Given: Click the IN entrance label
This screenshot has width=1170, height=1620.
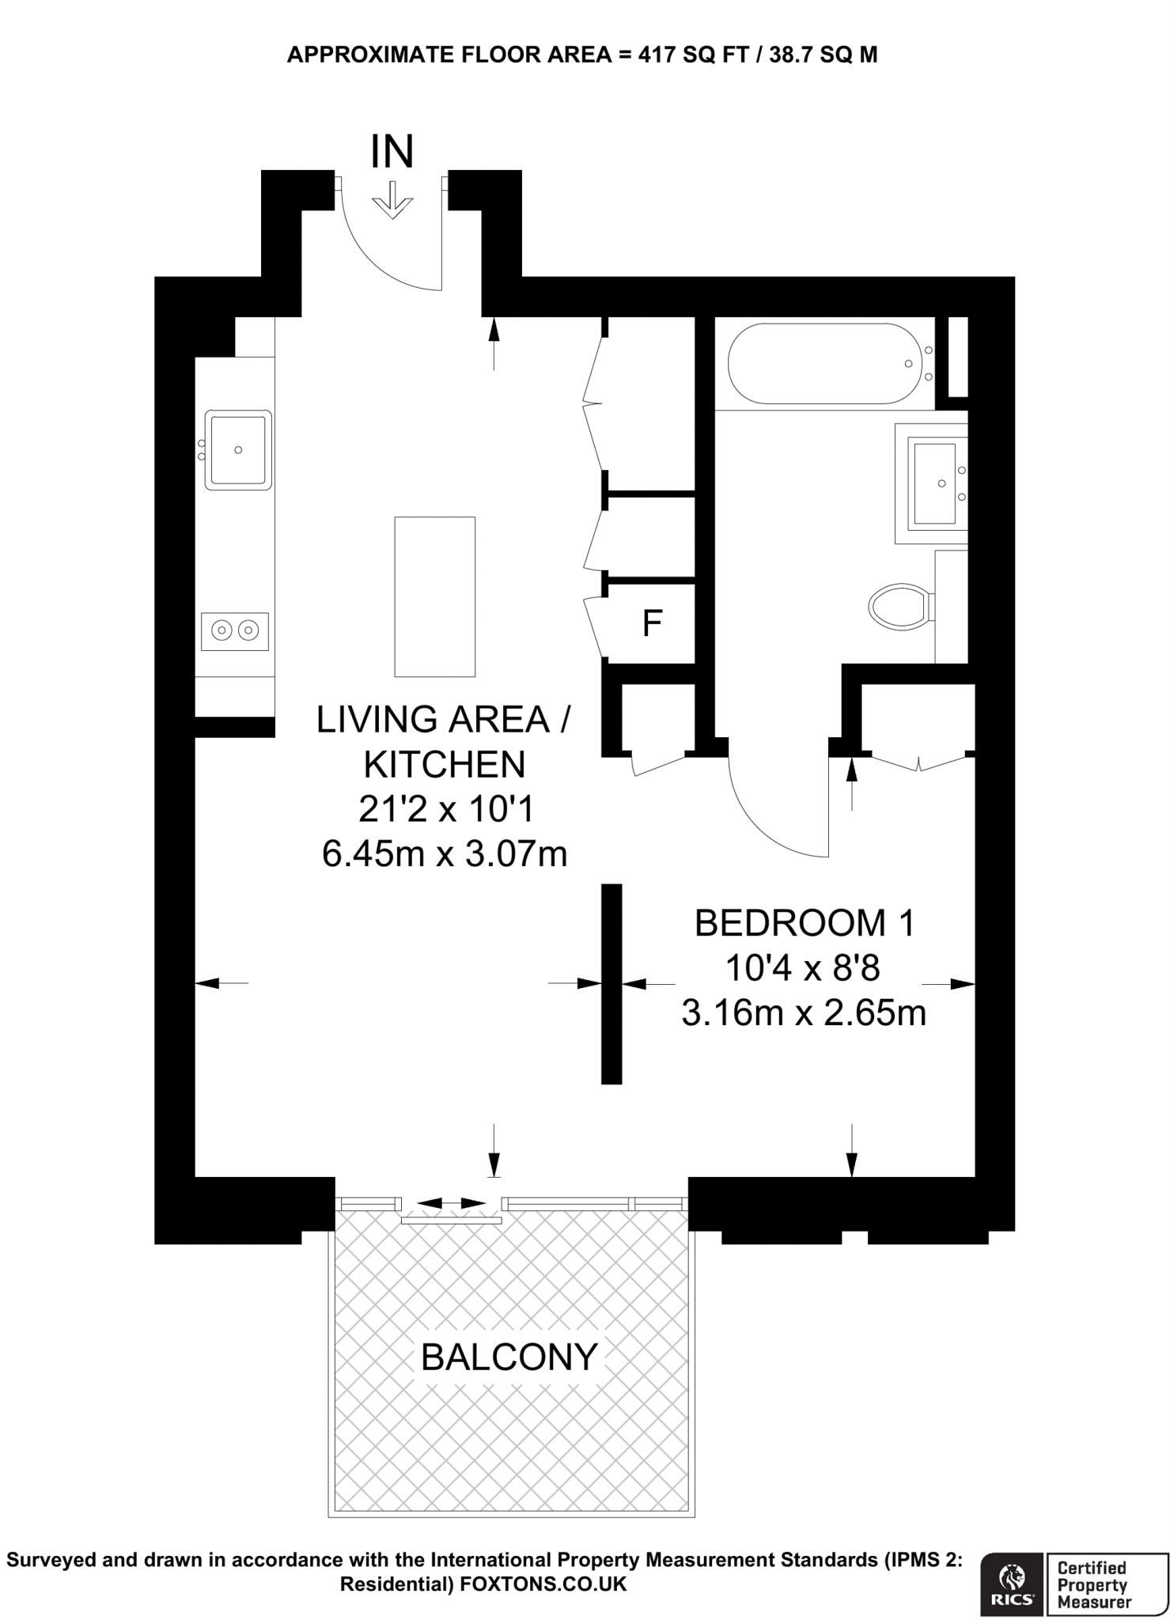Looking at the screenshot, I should click(x=392, y=152).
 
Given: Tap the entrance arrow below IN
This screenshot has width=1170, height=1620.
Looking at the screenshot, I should click(x=392, y=202).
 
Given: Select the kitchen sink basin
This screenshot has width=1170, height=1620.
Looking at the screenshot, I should click(x=237, y=449).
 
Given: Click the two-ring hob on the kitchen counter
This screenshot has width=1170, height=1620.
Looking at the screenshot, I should click(x=235, y=630).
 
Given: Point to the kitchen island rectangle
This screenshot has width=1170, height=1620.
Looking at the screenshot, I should click(x=434, y=596).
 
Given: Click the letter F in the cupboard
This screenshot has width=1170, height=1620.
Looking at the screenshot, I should click(x=651, y=624).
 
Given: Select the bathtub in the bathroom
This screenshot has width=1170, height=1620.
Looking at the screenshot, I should click(x=823, y=364).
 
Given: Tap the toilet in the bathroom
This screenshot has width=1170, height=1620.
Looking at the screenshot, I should click(x=899, y=607).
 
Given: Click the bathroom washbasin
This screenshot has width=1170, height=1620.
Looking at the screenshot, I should click(x=934, y=483).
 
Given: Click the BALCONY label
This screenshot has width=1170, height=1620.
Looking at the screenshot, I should click(x=509, y=1357).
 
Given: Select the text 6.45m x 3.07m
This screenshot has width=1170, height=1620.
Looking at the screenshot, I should click(x=445, y=854).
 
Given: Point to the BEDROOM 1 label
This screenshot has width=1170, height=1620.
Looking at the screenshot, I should click(x=804, y=923).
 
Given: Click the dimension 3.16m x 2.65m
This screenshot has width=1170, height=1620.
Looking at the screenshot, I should click(x=804, y=1012).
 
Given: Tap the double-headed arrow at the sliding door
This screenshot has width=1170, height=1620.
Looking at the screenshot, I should click(x=451, y=1203).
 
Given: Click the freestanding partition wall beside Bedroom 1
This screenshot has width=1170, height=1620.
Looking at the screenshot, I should click(x=612, y=983).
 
